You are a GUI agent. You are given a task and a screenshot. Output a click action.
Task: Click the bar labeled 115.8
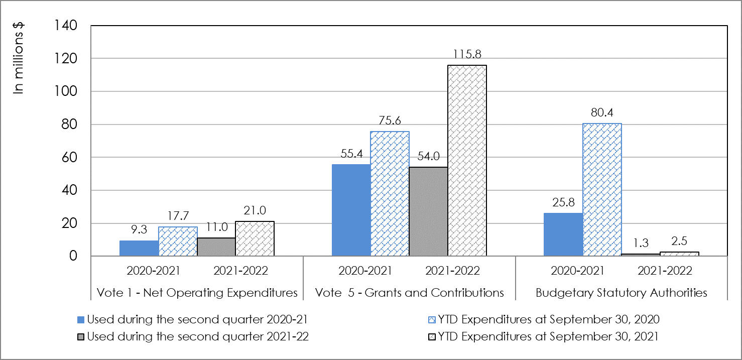[x=467, y=161]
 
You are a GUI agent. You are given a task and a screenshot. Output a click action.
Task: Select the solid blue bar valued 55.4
[x=351, y=210]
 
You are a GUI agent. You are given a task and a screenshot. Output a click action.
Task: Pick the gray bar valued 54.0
[x=428, y=211]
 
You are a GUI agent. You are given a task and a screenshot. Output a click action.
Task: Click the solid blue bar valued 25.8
[x=564, y=234]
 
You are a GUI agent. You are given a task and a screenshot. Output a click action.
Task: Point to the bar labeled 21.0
[x=255, y=239]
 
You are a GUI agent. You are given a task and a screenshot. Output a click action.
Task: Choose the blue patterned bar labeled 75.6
[x=390, y=194]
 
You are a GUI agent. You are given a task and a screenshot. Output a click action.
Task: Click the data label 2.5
[x=679, y=243]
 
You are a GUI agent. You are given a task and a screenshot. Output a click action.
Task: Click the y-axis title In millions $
[x=19, y=57]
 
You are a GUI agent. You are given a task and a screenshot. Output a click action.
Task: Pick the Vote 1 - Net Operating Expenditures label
[x=197, y=293]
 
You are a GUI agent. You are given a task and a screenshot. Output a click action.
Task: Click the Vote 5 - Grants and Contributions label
[x=409, y=293]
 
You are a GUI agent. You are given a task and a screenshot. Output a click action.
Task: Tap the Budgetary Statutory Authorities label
[x=622, y=293]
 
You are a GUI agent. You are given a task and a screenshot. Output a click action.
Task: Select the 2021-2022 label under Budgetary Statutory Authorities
[x=665, y=271]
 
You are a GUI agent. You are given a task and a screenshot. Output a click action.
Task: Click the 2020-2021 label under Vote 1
[x=154, y=271]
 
